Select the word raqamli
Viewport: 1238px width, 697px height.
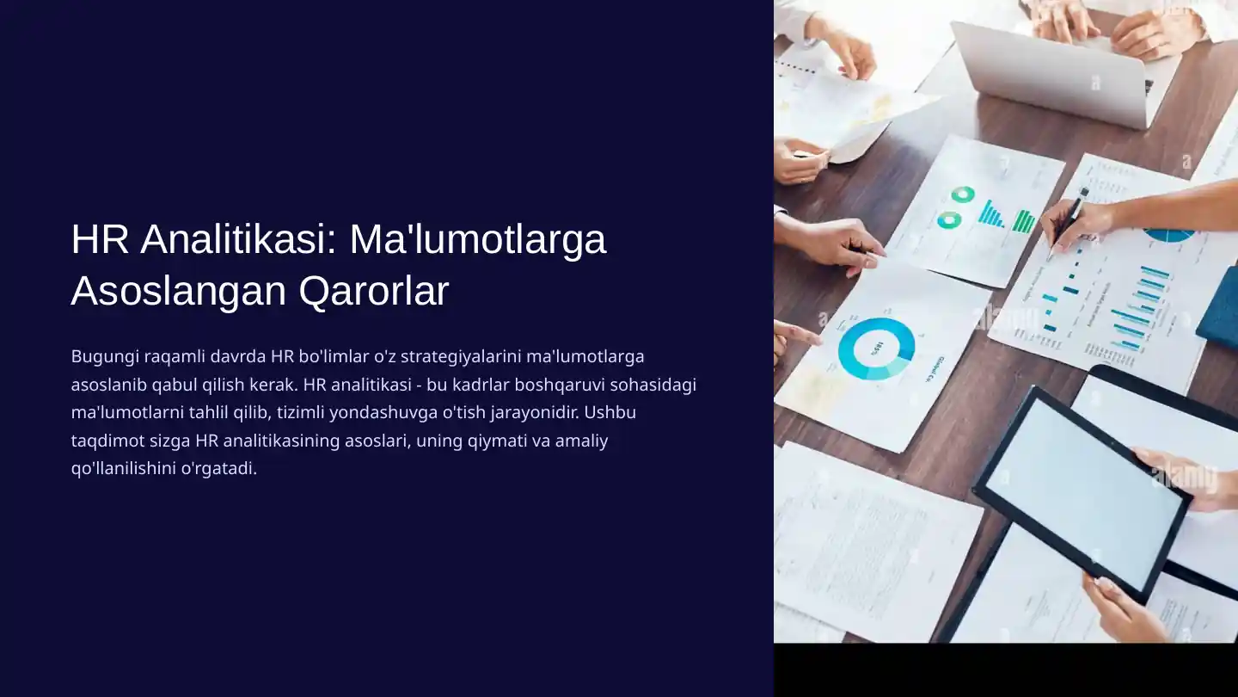[x=170, y=356]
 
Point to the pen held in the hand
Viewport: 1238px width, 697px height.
[x=1069, y=222]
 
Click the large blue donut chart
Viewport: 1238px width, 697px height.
[x=876, y=348]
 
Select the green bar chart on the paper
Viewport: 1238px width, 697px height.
[x=1023, y=221]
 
